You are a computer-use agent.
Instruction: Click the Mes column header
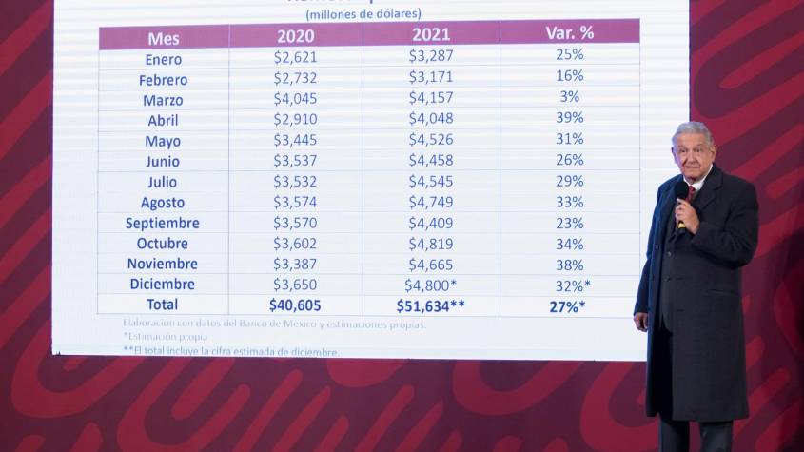click(x=164, y=38)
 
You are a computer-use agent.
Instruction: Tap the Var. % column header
click(x=569, y=32)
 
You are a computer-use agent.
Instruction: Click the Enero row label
click(x=164, y=59)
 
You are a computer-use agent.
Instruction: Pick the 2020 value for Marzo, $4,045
click(x=295, y=99)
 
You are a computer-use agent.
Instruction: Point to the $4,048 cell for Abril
click(x=430, y=118)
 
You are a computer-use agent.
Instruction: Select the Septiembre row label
click(x=163, y=223)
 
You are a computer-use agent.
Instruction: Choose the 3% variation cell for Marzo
click(x=569, y=96)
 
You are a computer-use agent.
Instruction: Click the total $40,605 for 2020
click(x=296, y=305)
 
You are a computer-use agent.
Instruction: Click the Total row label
click(x=162, y=305)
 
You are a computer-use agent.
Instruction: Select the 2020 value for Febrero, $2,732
click(x=295, y=79)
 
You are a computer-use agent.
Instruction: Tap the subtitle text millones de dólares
click(x=363, y=13)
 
